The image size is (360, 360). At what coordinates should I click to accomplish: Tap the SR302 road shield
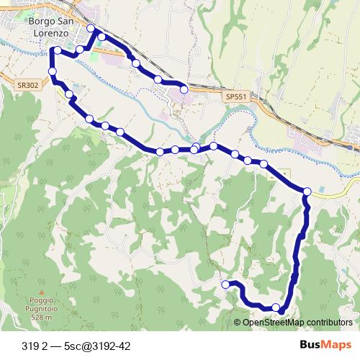(27, 84)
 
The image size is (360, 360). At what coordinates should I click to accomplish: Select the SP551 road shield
(235, 95)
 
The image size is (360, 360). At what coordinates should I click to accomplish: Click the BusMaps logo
(324, 346)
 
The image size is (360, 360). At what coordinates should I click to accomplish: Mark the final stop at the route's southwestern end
(225, 284)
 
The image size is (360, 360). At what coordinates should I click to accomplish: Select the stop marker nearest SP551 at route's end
(184, 89)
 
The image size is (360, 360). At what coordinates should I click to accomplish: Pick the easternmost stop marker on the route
(307, 191)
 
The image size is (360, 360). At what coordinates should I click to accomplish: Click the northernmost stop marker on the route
(91, 29)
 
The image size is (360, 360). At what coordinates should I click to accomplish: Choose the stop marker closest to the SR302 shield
(53, 71)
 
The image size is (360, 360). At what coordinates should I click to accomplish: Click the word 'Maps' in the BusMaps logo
(335, 346)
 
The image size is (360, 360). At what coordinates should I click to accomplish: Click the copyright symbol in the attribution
(238, 322)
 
